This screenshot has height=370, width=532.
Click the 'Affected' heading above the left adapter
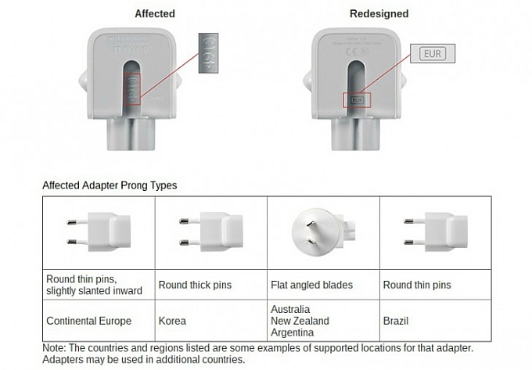tap(155, 14)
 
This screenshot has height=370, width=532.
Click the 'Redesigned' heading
tap(379, 14)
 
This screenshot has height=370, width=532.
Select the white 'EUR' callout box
tap(431, 54)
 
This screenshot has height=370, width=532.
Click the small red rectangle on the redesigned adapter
tap(358, 100)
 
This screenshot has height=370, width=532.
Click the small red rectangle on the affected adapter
tap(134, 88)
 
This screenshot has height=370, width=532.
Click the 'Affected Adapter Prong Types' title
tap(110, 186)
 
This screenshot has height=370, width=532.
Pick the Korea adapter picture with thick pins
tap(211, 232)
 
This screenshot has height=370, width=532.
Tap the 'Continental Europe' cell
tap(89, 322)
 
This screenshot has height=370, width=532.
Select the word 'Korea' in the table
tap(173, 322)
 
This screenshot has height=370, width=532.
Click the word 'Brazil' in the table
tap(396, 322)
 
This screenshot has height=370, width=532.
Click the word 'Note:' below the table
tap(55, 348)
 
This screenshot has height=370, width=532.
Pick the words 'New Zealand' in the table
tap(300, 322)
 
